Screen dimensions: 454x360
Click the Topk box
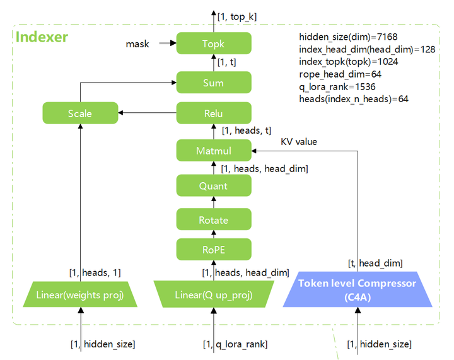pos(214,43)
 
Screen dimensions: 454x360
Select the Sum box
pos(214,83)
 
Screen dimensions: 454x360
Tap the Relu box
pos(214,113)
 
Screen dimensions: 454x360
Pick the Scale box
pos(80,113)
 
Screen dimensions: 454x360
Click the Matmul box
pos(214,151)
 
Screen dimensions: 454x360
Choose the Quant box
pos(214,185)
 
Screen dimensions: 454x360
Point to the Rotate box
pos(214,219)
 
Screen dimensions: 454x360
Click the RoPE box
pos(214,249)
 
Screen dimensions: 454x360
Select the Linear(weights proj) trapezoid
pos(80,294)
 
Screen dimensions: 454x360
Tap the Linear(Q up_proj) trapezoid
pos(214,294)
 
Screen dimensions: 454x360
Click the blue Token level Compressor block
pos(358,289)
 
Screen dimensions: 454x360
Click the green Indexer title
pos(42,37)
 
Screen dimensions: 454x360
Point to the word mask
pos(137,44)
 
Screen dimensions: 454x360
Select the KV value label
pos(299,141)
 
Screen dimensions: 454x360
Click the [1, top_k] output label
pos(237,17)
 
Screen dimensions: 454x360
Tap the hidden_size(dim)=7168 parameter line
pos(348,37)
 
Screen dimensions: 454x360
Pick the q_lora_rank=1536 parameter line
pos(337,87)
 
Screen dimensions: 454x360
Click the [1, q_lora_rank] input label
pos(235,344)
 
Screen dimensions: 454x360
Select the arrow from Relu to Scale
pos(147,113)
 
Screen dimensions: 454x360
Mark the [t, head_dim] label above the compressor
pos(375,263)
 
